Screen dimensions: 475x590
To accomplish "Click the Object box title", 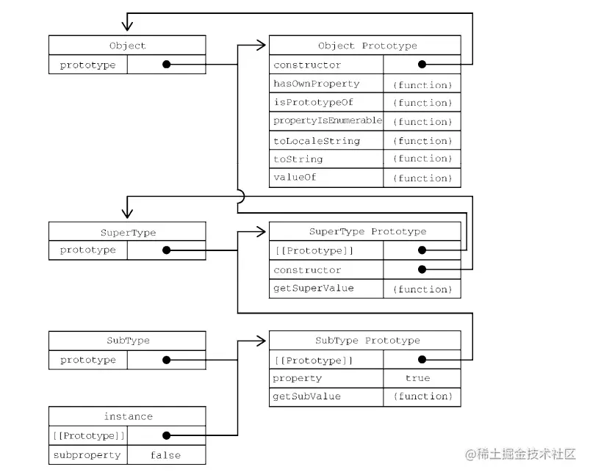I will (x=127, y=46).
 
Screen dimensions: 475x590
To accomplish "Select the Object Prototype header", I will (x=367, y=46).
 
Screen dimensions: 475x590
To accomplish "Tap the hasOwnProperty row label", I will (x=316, y=84).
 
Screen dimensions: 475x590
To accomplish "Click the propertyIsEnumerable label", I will (x=327, y=120).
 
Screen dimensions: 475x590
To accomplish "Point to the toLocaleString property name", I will (x=316, y=140).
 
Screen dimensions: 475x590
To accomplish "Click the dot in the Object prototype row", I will (x=166, y=65).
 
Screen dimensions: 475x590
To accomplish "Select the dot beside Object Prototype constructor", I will (x=422, y=65).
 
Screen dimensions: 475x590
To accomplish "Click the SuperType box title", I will (x=127, y=232).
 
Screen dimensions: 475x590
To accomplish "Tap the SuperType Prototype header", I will (x=367, y=231).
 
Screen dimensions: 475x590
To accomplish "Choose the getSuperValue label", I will (x=313, y=289).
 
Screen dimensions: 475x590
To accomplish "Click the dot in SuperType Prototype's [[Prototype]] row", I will (x=422, y=250).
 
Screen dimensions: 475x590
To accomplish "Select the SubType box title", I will (x=127, y=341).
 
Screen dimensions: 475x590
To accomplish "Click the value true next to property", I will (x=417, y=378).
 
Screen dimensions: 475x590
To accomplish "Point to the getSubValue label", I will (x=306, y=396).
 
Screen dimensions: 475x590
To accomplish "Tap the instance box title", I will (x=127, y=416).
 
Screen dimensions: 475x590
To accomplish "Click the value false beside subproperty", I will (x=165, y=455).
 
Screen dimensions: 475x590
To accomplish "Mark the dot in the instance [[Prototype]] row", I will (x=166, y=435).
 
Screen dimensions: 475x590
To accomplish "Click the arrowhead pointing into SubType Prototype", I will (x=260, y=341).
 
